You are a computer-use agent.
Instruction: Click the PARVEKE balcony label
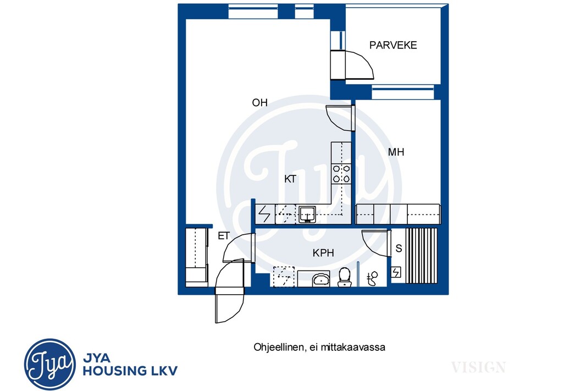tap(393, 45)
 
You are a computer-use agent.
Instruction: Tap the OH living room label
tap(259, 103)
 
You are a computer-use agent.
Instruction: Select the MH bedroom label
tap(396, 152)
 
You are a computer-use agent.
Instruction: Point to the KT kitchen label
tap(290, 179)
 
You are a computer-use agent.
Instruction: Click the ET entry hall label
tap(224, 236)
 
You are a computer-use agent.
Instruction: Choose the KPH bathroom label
tap(323, 253)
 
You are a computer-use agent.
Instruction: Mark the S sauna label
tap(399, 248)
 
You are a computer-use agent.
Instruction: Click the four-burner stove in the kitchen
tap(341, 174)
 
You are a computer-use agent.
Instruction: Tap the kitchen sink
tap(307, 214)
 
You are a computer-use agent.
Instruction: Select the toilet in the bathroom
tap(344, 277)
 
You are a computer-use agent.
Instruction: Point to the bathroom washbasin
tap(320, 279)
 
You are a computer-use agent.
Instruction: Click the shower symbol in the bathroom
tap(372, 278)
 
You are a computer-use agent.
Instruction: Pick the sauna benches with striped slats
tap(421, 256)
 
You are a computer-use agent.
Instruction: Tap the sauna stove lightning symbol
tap(396, 272)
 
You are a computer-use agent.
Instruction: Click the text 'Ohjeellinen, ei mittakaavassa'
tap(319, 347)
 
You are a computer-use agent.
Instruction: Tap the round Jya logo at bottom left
tap(49, 365)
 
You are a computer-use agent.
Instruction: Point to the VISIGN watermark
tap(479, 367)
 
